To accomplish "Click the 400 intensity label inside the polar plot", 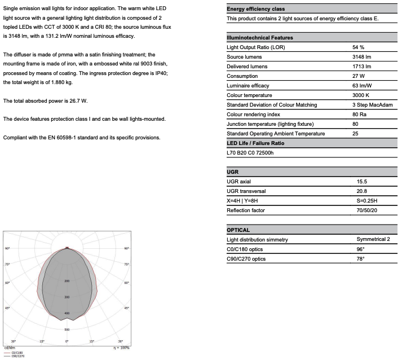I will tap(67, 313).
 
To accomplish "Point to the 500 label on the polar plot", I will tap(67, 330).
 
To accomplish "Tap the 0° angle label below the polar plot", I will tap(67, 341).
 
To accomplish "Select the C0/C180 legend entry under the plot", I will tap(17, 352).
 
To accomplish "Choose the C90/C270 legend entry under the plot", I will tap(18, 356).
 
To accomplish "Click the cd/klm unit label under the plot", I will tap(8, 348).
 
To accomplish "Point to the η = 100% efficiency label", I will tap(121, 348).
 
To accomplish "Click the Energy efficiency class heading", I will tap(255, 9).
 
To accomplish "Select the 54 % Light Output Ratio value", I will tap(359, 47).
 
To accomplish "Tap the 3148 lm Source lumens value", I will tap(361, 57).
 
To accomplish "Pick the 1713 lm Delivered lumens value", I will tap(361, 67).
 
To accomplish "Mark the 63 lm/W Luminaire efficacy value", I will tap(362, 86).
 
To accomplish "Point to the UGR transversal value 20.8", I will tap(362, 191).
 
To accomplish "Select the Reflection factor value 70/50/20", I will tap(367, 210).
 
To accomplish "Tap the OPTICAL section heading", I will tap(238, 230).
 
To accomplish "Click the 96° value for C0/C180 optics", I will tap(360, 249).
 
